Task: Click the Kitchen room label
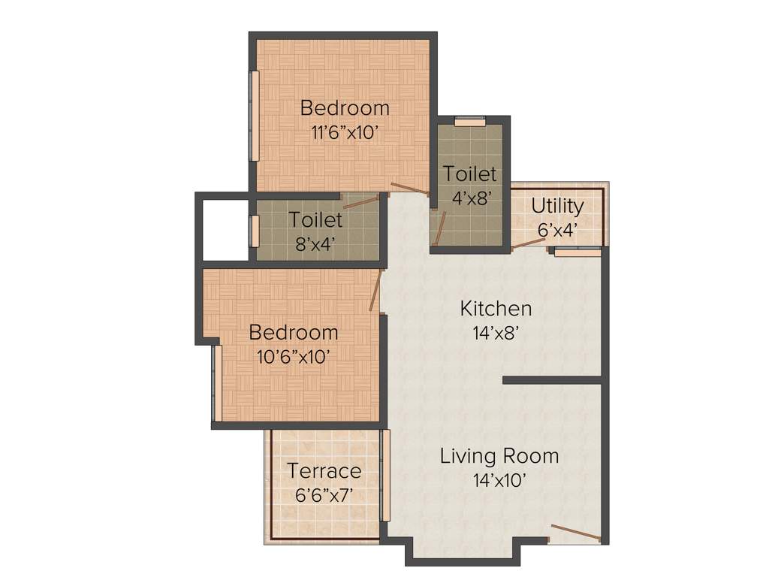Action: click(x=496, y=308)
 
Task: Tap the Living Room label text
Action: click(x=499, y=456)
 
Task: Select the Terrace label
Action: click(x=324, y=471)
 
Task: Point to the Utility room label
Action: click(x=557, y=205)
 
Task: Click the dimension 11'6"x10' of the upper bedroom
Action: click(x=344, y=133)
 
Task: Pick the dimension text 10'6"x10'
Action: click(x=293, y=357)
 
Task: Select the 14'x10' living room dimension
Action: click(x=499, y=481)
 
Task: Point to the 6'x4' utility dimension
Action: click(x=557, y=230)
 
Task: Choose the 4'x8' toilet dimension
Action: click(x=469, y=198)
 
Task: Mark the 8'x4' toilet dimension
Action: click(x=315, y=244)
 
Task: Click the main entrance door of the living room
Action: click(x=574, y=533)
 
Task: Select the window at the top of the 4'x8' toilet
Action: click(x=469, y=119)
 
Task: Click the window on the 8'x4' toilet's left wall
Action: click(x=254, y=230)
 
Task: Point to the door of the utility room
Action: click(x=529, y=240)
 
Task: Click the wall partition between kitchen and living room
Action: click(x=553, y=380)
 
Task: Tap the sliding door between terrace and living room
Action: click(x=386, y=475)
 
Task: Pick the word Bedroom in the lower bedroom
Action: click(x=294, y=332)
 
